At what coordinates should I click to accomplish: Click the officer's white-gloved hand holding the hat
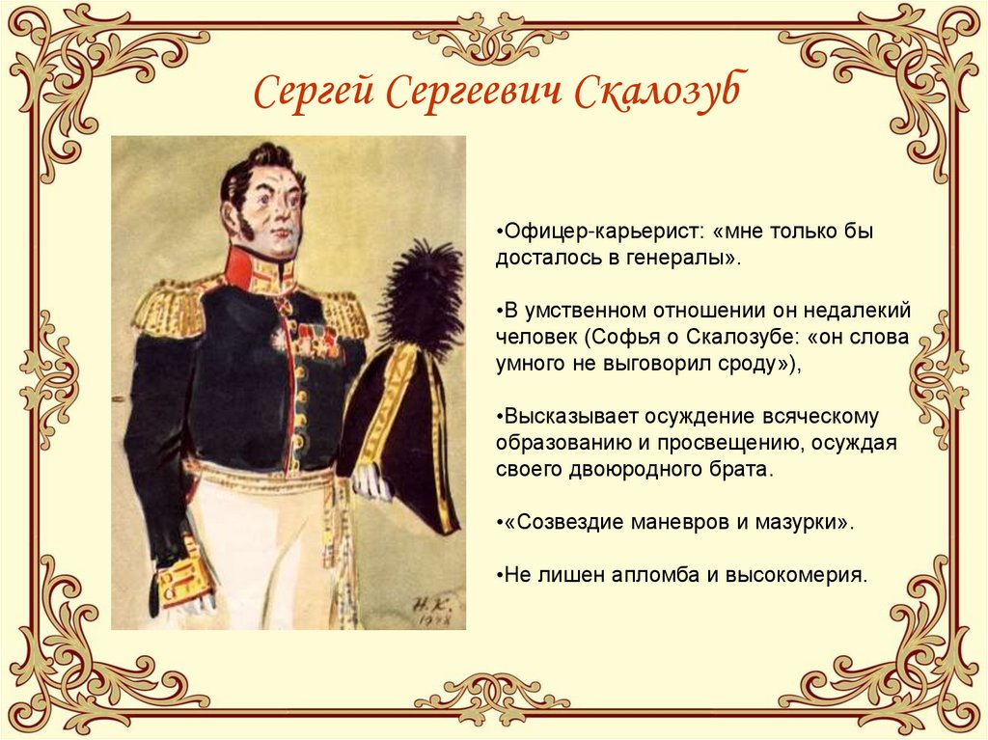(x=371, y=482)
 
